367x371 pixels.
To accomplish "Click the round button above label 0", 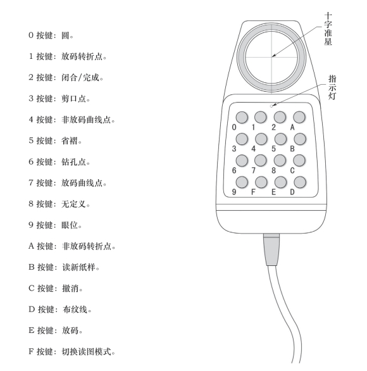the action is pyautogui.click(x=242, y=117).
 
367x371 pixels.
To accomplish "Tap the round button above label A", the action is pyautogui.click(x=299, y=117).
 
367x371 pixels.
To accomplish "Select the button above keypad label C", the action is pyautogui.click(x=299, y=160).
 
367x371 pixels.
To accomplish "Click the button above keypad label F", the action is pyautogui.click(x=261, y=182).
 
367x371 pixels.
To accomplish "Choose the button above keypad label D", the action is pyautogui.click(x=300, y=182).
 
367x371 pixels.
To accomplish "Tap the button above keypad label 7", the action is pyautogui.click(x=261, y=160).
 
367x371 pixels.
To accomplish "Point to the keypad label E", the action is pyautogui.click(x=273, y=192).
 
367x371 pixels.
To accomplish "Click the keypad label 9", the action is pyautogui.click(x=234, y=192).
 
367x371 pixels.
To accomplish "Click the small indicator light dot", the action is pyautogui.click(x=271, y=106).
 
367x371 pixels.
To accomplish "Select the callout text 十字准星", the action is pyautogui.click(x=328, y=29).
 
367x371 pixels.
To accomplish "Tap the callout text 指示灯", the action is pyautogui.click(x=332, y=87).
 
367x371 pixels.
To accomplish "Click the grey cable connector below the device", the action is pyautogui.click(x=271, y=249).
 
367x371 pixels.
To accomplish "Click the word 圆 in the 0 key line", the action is pyautogui.click(x=65, y=35).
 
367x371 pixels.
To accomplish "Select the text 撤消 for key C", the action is pyautogui.click(x=70, y=289).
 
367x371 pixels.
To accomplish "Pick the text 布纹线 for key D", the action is pyautogui.click(x=75, y=310).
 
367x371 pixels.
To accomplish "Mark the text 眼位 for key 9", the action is pyautogui.click(x=70, y=225).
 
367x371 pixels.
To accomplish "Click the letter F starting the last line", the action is pyautogui.click(x=31, y=351).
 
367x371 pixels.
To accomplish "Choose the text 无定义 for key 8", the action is pyautogui.click(x=73, y=204).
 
